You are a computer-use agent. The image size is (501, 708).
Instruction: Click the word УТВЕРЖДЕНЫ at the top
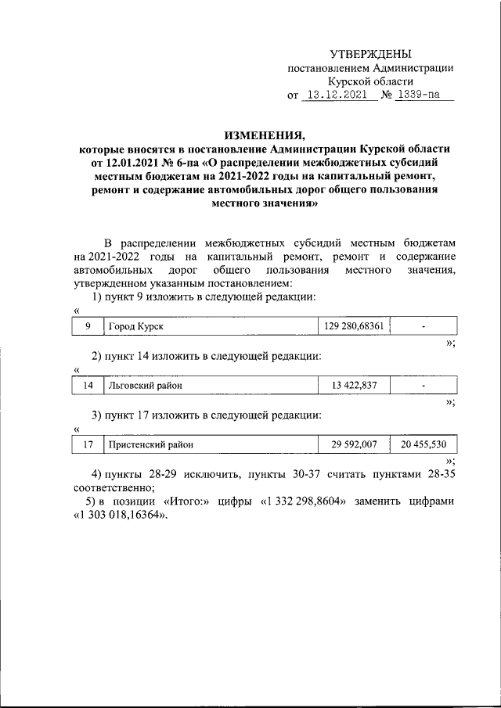370,53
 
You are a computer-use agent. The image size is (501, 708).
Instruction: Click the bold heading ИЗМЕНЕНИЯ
266,134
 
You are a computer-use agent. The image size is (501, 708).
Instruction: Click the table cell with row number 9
88,326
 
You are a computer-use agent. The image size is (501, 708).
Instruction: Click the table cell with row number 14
88,385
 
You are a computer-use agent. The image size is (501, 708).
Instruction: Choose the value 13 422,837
355,385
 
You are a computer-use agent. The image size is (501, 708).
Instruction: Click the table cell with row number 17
88,444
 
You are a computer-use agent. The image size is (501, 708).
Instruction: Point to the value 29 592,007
355,444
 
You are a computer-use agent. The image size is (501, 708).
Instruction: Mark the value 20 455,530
424,444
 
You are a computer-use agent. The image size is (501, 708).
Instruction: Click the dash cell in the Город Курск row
424,326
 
